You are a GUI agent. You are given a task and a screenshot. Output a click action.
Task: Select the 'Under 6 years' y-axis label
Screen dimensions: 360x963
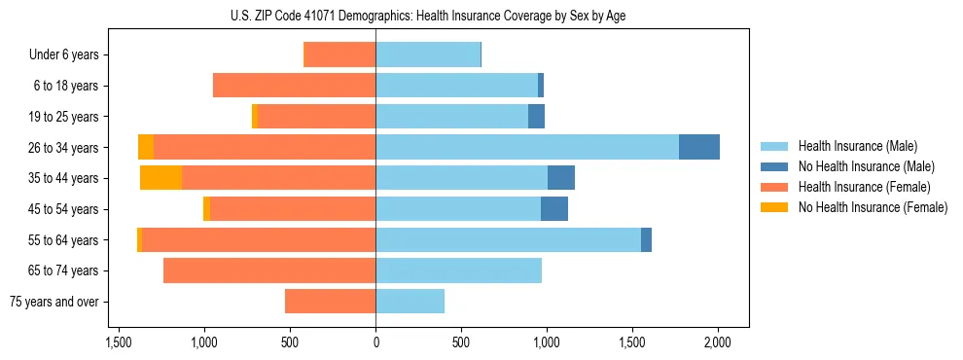pyautogui.click(x=64, y=54)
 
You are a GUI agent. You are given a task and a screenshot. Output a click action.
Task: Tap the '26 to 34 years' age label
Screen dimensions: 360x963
pyautogui.click(x=64, y=147)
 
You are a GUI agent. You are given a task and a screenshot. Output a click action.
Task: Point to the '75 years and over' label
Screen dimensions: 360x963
pyautogui.click(x=55, y=302)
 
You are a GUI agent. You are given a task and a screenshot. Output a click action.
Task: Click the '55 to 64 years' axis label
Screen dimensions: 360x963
pyautogui.click(x=64, y=240)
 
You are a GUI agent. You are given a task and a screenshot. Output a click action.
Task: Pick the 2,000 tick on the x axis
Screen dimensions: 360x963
pyautogui.click(x=718, y=343)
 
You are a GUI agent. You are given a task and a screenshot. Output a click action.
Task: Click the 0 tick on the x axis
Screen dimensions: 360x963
pyautogui.click(x=375, y=343)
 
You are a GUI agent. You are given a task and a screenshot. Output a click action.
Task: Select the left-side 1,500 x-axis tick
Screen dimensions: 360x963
pyautogui.click(x=119, y=343)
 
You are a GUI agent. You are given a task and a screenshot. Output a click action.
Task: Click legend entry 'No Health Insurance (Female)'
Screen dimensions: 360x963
pyautogui.click(x=873, y=207)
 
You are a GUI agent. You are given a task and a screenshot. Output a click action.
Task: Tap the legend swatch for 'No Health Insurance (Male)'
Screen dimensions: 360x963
pyautogui.click(x=774, y=166)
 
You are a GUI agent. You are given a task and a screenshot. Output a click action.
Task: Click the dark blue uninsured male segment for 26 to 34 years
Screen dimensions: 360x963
pyautogui.click(x=699, y=147)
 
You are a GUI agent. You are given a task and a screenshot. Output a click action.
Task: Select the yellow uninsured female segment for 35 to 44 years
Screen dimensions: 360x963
pyautogui.click(x=161, y=178)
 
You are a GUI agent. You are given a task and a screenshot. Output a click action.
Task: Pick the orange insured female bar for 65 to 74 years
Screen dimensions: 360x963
pyautogui.click(x=269, y=270)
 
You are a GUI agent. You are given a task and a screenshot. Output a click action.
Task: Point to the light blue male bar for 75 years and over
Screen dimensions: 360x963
pyautogui.click(x=410, y=302)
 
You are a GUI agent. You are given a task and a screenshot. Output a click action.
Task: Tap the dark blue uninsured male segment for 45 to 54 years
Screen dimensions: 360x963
pyautogui.click(x=554, y=209)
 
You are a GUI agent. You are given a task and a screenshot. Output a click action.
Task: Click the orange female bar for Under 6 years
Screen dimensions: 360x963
pyautogui.click(x=340, y=54)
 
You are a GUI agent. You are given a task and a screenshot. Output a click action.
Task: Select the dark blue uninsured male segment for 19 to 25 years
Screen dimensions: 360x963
pyautogui.click(x=536, y=117)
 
